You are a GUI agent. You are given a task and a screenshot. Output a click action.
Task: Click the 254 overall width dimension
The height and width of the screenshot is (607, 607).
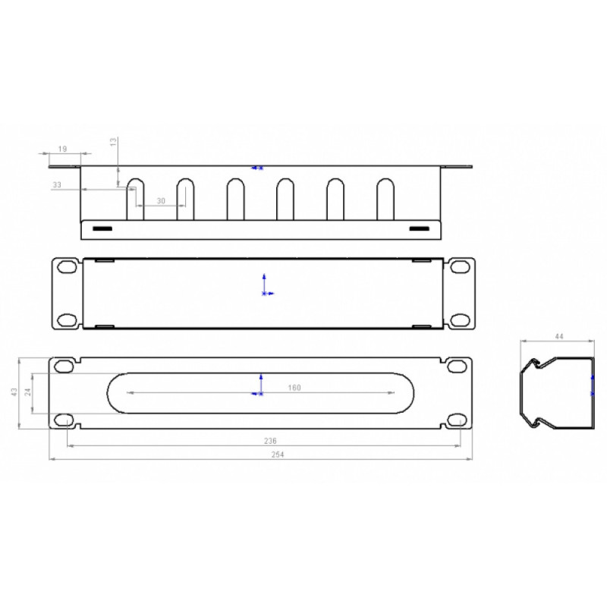point(278,454)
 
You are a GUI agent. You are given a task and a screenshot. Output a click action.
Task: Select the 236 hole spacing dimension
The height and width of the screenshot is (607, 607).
point(270,441)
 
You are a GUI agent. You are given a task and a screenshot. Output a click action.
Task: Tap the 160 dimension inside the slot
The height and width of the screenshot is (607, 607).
point(294,388)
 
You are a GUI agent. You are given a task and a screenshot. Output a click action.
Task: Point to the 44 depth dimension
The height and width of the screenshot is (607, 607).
point(559,336)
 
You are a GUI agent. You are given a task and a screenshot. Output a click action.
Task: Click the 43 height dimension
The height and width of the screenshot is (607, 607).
point(14,392)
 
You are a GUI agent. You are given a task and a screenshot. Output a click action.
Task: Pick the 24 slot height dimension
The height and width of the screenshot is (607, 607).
point(28,392)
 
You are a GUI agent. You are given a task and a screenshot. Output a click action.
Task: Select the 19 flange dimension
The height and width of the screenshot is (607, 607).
point(62,149)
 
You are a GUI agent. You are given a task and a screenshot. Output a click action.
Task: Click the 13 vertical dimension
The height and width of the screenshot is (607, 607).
point(113,142)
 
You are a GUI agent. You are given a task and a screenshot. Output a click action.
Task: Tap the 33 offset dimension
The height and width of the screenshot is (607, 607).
point(57,184)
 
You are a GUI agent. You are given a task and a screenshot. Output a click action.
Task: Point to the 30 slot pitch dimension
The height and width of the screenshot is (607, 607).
point(161,201)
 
